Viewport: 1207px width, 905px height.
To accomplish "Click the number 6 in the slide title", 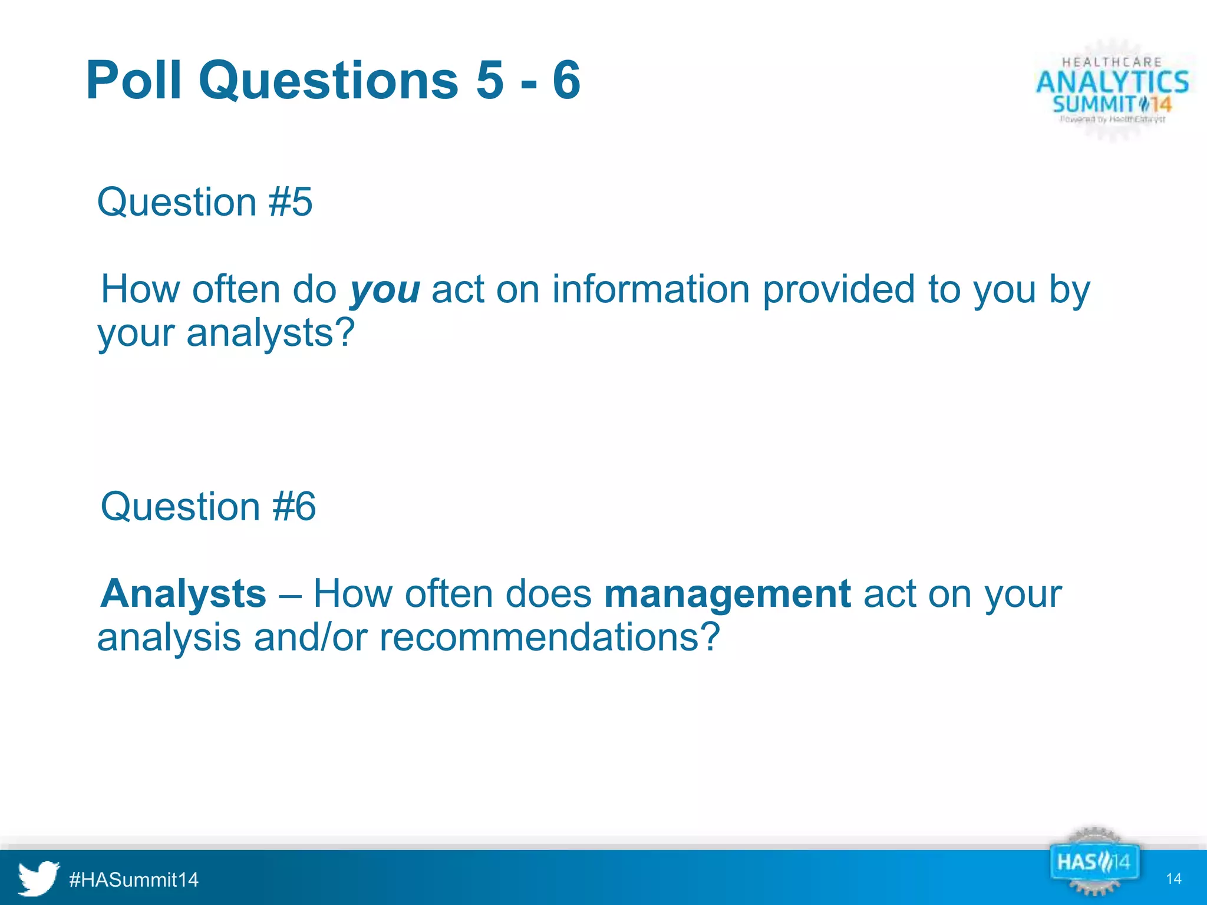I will click(x=566, y=81).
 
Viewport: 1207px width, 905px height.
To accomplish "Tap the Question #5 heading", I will click(x=205, y=202).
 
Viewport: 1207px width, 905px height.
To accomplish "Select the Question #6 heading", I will click(x=208, y=507).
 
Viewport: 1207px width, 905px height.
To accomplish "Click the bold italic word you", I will click(x=385, y=290).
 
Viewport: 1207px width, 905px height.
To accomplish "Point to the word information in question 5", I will click(x=650, y=290).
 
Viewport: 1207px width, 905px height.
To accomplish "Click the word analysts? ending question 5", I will click(x=271, y=333).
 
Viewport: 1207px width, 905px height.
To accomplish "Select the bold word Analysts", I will click(x=183, y=593).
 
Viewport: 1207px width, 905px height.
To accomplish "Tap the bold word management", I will click(x=727, y=593).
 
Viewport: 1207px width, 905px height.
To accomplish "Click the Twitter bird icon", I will click(x=38, y=878).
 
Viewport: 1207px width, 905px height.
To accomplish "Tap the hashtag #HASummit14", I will click(x=134, y=880).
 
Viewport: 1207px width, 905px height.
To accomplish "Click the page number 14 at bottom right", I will click(x=1173, y=879).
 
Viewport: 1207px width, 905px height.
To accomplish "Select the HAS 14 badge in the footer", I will click(x=1093, y=863).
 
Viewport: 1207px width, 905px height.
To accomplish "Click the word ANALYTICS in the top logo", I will click(x=1113, y=82).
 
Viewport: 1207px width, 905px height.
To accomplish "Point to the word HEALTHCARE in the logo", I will click(x=1112, y=62).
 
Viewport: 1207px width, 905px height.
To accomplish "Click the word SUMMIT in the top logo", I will click(x=1094, y=105).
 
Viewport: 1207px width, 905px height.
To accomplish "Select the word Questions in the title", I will click(x=328, y=81).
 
